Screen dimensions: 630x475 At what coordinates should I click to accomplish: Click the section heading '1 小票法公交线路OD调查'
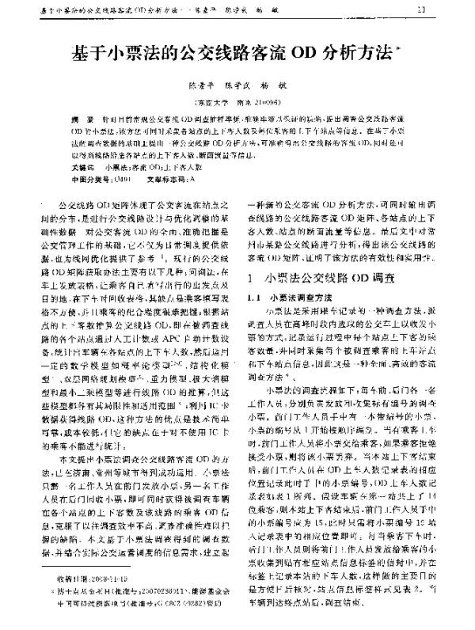pyautogui.click(x=332, y=279)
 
